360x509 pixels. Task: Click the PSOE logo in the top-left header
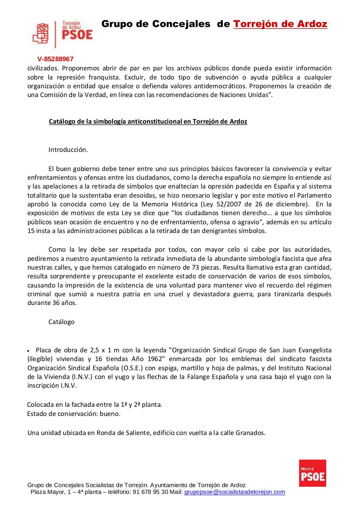[62, 35]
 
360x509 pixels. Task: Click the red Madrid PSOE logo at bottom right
[312, 473]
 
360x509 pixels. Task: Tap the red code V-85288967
[56, 59]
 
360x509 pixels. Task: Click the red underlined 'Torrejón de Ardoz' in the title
[280, 24]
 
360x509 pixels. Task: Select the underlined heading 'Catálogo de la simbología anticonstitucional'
[148, 122]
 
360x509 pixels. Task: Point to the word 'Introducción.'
[68, 150]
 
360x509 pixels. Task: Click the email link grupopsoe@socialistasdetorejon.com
[234, 492]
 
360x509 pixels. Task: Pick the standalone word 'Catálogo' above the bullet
[61, 322]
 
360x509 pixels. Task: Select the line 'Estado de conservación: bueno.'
[74, 414]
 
